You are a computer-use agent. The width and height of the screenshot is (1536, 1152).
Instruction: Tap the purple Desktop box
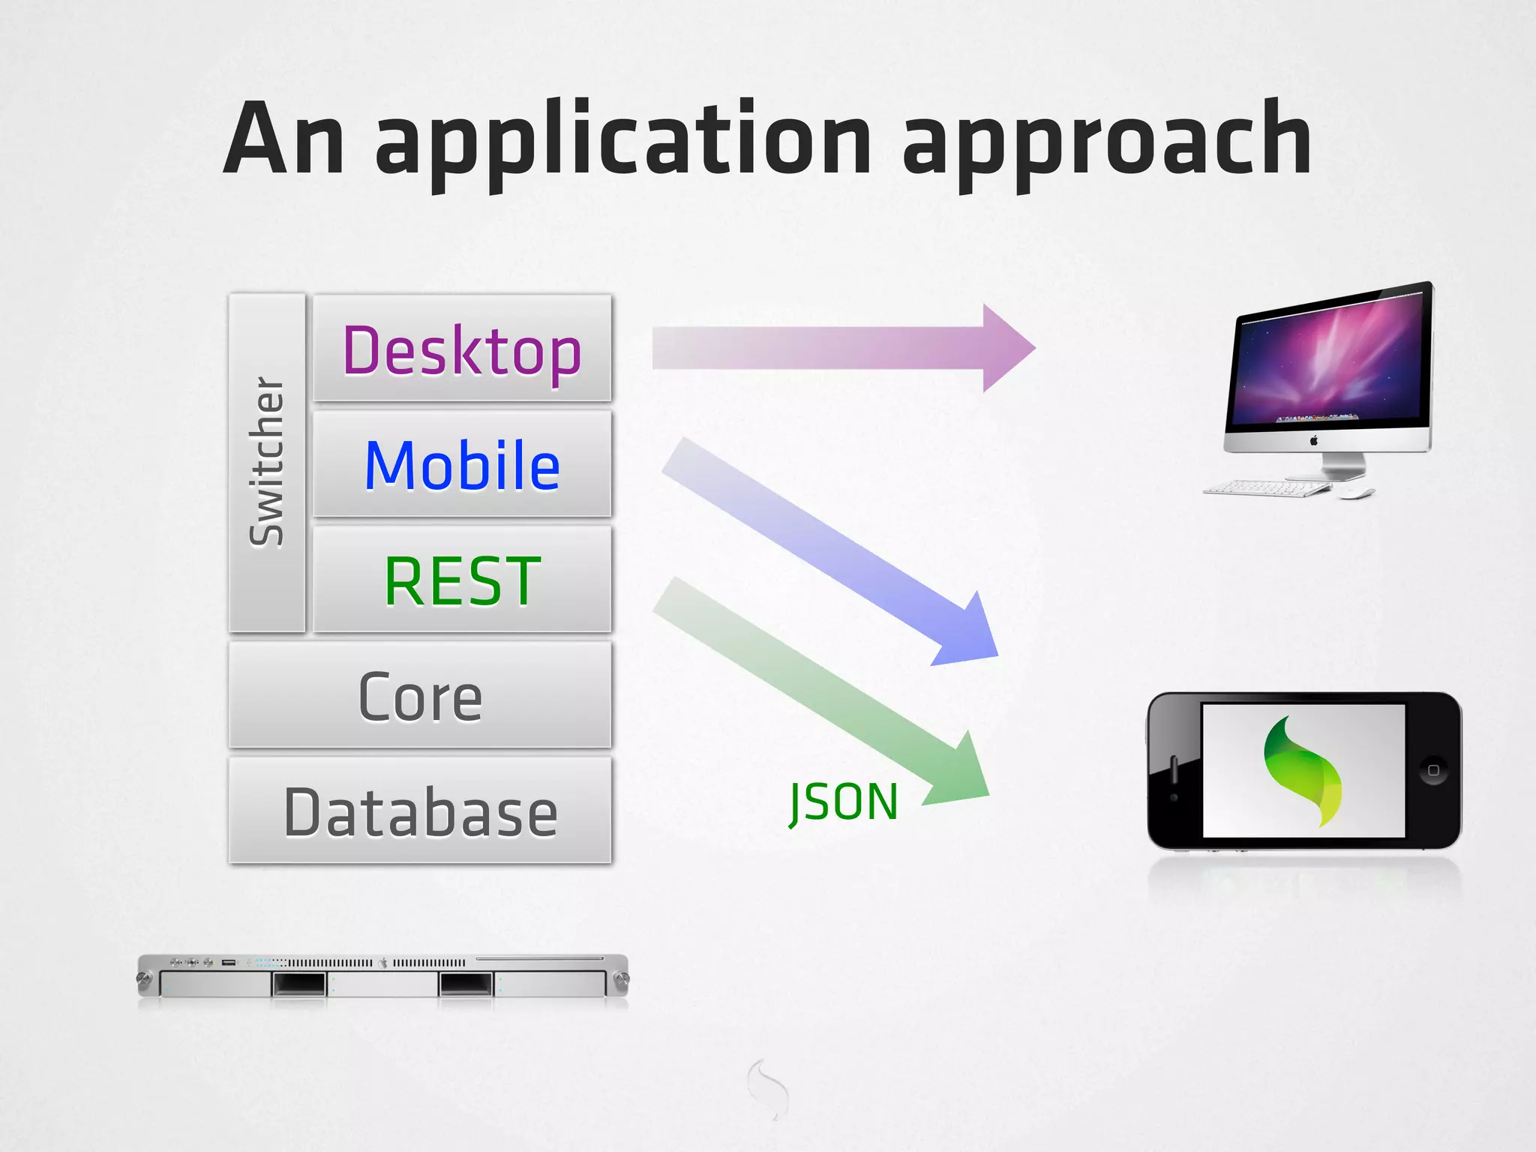462,349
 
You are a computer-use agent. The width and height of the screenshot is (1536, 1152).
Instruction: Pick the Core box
420,696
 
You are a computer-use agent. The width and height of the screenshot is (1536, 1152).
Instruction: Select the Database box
420,811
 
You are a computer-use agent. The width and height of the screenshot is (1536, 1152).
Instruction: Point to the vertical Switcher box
267,463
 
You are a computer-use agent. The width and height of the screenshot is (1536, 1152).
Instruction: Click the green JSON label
844,802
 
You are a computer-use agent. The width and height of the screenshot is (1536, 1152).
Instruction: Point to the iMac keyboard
1267,489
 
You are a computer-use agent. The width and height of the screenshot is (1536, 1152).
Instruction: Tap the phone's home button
1433,770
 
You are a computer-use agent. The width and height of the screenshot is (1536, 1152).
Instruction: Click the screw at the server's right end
621,979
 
